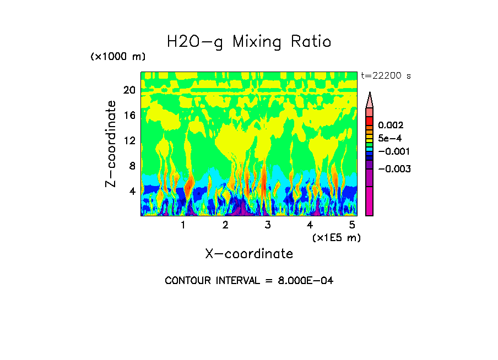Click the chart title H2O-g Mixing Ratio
(249, 42)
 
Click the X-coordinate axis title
(249, 254)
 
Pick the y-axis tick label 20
(129, 90)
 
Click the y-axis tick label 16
(129, 116)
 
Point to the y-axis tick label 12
(129, 141)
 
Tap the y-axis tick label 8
(132, 166)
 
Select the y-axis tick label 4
(132, 192)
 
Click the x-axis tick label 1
(183, 225)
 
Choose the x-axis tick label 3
(268, 225)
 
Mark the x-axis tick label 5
(352, 225)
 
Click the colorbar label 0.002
(391, 126)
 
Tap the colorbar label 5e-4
(390, 138)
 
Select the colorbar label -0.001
(393, 151)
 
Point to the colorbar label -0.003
(393, 168)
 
